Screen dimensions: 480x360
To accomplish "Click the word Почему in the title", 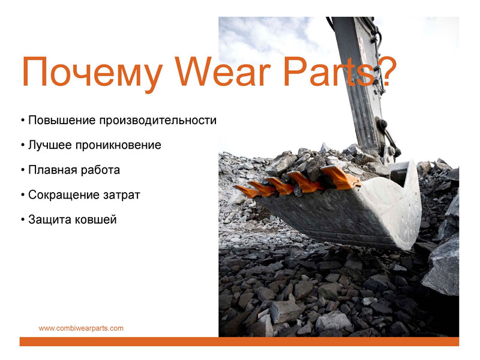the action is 92,71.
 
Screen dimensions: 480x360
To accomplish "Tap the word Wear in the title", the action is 223,71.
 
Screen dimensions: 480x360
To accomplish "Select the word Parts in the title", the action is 329,71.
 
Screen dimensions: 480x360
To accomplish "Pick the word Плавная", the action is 50,170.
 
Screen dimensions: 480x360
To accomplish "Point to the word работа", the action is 98,170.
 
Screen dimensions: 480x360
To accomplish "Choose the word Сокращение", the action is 64,195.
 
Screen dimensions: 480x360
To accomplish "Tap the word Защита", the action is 50,220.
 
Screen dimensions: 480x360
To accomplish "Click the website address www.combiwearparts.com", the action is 81,328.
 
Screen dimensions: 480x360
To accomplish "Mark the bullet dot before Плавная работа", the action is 23,170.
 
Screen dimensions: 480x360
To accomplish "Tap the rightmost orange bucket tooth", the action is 340,177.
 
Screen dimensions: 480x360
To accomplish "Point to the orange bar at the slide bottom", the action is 239,341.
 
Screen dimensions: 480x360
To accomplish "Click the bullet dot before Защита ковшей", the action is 23,220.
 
